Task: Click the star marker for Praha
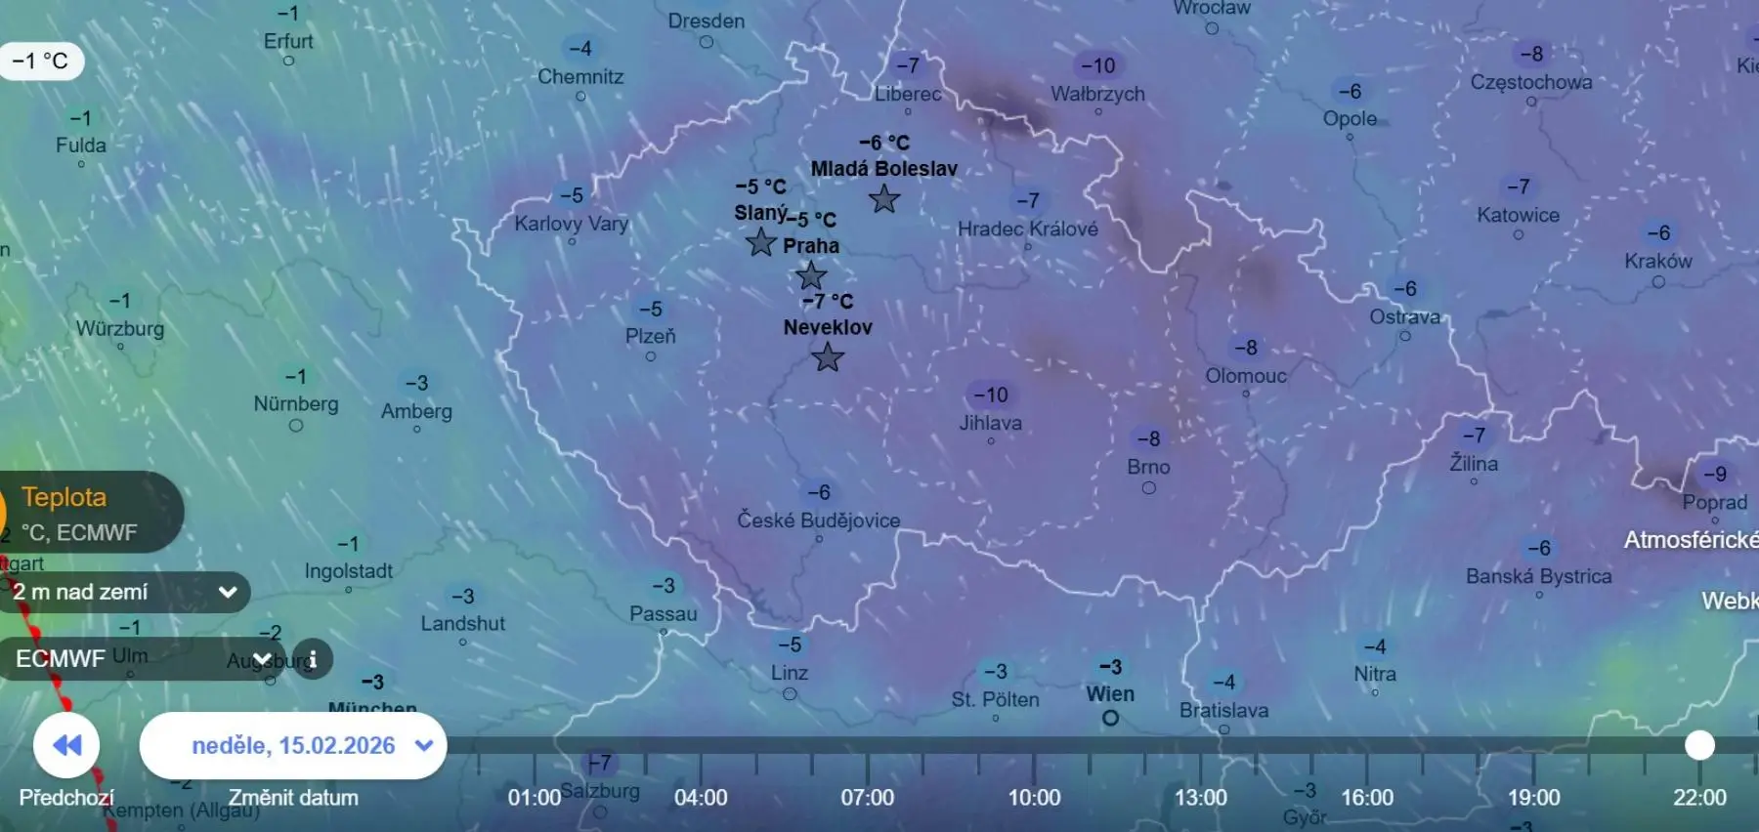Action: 810,276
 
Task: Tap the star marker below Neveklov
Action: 828,357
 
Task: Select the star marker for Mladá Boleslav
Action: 884,199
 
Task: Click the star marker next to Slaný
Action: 760,242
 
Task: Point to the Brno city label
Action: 1148,467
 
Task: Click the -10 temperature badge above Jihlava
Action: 991,395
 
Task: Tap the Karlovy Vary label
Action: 572,224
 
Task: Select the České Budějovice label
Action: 819,520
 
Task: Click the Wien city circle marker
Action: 1110,719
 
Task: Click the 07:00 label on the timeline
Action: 868,798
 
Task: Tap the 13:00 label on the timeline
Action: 1201,798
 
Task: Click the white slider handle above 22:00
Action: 1699,745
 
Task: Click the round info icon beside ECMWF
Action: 313,659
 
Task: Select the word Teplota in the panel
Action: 64,497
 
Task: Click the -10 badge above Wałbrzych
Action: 1098,65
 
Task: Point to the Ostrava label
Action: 1404,316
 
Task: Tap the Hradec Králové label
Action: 1028,229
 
